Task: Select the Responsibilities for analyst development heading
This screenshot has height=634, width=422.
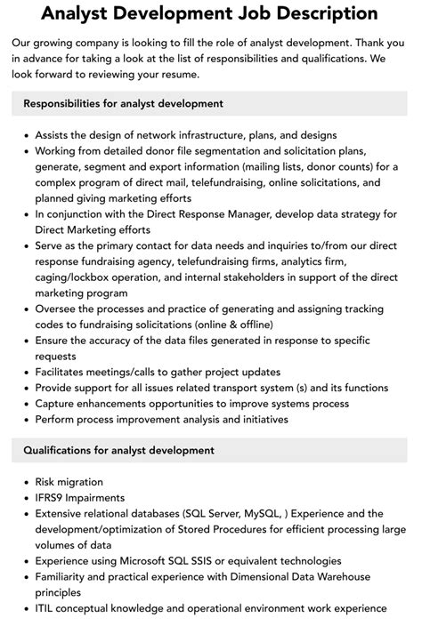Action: (x=123, y=104)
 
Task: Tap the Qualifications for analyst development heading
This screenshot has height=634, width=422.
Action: (x=118, y=451)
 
